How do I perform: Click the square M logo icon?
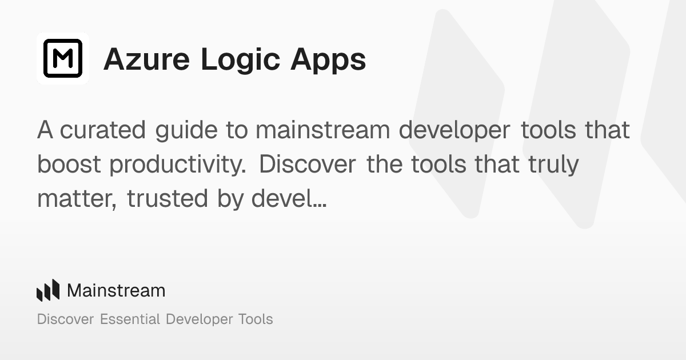tap(63, 58)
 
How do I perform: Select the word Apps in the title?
tap(328, 60)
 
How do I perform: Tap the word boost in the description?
tap(69, 165)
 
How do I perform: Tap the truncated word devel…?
tap(288, 199)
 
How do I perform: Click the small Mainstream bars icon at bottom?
tap(48, 290)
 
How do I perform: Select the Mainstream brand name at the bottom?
tap(116, 290)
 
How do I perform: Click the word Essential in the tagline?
tap(130, 319)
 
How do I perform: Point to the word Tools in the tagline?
tap(256, 319)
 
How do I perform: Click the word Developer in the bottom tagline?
tap(199, 319)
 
